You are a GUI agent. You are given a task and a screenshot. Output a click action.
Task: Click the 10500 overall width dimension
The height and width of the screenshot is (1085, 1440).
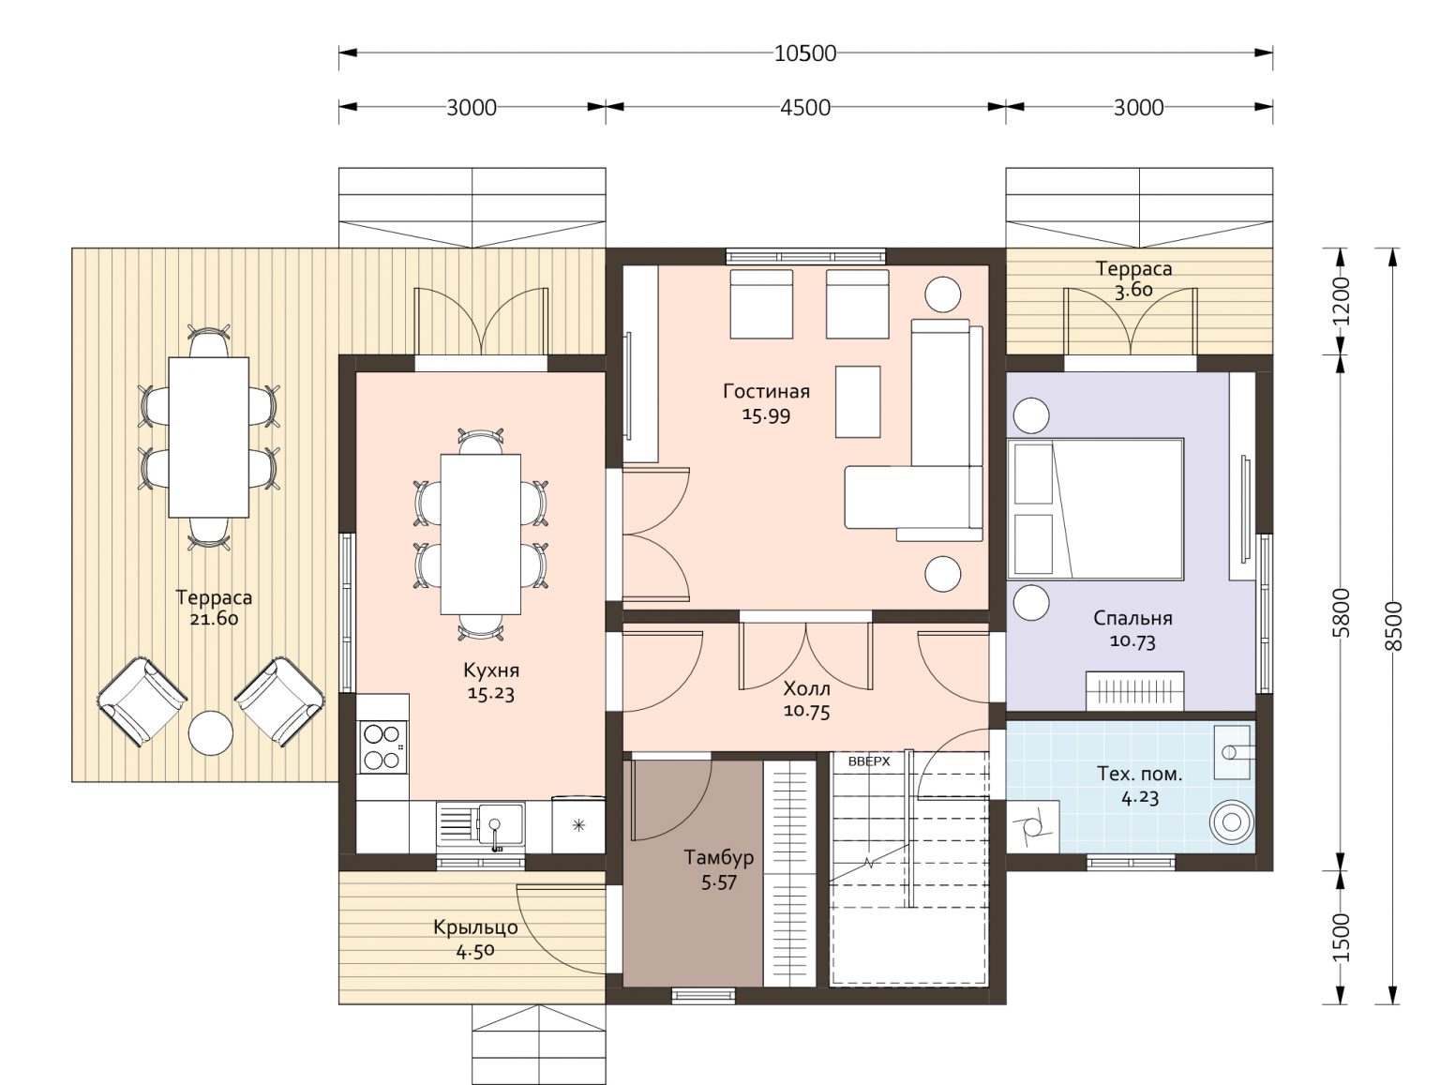point(805,53)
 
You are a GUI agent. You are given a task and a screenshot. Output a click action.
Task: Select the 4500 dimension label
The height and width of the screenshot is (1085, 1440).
point(805,108)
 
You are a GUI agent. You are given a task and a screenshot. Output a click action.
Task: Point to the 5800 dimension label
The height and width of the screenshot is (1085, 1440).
point(1342,612)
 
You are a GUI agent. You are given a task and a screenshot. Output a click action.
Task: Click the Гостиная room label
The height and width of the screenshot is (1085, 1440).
point(766,392)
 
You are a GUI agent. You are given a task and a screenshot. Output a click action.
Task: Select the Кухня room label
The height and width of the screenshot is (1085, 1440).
point(491,671)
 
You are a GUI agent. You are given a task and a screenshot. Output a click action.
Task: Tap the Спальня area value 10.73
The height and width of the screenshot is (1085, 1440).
point(1132,640)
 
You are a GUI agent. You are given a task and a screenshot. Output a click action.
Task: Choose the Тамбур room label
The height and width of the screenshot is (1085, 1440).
point(718,857)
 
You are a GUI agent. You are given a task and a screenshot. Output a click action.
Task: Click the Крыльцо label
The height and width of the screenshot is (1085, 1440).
point(475,927)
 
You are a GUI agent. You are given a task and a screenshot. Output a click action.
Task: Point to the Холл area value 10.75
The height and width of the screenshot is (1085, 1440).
point(807,711)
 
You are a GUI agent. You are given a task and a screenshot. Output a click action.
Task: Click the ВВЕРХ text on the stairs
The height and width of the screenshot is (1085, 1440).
point(868,761)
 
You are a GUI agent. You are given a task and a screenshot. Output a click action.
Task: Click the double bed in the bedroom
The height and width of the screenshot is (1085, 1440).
point(1096,509)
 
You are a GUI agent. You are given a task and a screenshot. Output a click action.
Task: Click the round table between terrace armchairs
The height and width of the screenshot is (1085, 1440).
point(211,733)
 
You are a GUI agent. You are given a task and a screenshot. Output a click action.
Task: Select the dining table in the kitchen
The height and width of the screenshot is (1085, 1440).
point(481,534)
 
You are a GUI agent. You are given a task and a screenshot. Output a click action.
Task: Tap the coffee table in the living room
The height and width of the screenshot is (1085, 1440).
point(858,401)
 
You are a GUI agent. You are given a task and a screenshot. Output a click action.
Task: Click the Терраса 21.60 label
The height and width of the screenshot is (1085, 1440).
point(214,608)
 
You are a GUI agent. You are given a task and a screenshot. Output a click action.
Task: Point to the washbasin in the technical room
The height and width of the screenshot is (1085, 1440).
point(1232,752)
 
